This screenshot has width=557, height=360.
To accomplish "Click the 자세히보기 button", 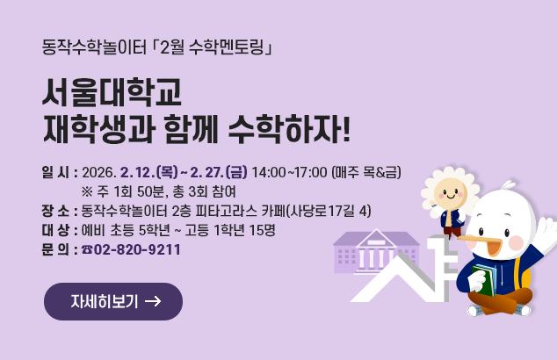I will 113,302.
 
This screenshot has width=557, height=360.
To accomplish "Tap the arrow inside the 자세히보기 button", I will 151,302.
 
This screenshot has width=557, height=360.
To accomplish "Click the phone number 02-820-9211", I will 137,249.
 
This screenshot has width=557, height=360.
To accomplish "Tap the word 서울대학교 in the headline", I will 112,94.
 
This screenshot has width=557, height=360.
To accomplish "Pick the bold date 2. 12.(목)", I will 153,171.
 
